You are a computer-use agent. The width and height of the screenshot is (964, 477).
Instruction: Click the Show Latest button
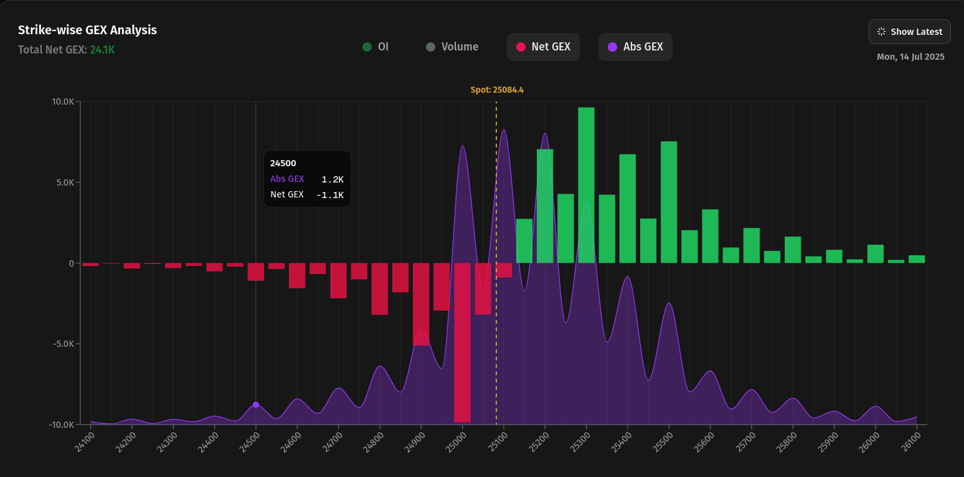click(x=909, y=32)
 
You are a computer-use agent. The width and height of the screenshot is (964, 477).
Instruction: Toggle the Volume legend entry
click(x=452, y=47)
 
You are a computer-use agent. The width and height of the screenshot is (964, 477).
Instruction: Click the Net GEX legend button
click(x=543, y=47)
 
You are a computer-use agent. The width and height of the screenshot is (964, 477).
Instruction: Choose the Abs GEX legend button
click(x=635, y=47)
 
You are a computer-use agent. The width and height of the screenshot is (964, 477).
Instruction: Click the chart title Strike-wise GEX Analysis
click(x=87, y=30)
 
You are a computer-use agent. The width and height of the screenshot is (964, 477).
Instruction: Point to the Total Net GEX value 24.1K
click(x=102, y=50)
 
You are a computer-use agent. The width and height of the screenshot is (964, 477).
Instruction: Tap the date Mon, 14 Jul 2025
click(x=910, y=57)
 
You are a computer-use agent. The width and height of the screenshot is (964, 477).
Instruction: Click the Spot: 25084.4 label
click(x=496, y=90)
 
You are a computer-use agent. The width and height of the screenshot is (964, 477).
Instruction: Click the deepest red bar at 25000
click(x=462, y=342)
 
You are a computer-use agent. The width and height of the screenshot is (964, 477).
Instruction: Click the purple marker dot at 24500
click(x=256, y=405)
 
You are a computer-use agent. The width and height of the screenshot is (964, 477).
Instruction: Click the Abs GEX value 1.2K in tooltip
click(x=333, y=179)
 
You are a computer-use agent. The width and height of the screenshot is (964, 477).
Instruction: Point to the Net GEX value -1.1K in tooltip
click(x=330, y=195)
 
